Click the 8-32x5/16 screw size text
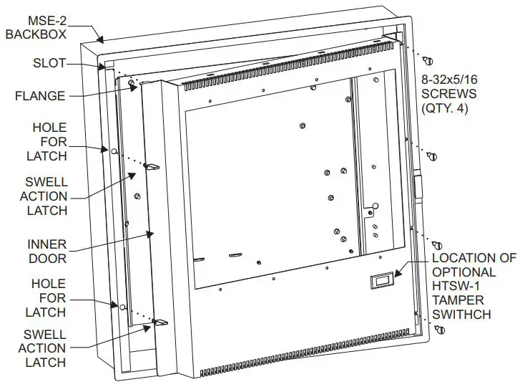[x=448, y=80]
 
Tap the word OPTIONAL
[x=463, y=272]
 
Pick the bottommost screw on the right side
[x=438, y=329]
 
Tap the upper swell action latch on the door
[x=152, y=166]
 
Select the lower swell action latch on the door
[x=159, y=323]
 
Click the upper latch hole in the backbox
[x=114, y=150]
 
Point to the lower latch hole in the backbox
[x=122, y=307]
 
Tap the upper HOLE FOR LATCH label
[x=49, y=142]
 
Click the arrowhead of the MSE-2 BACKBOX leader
[x=103, y=42]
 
